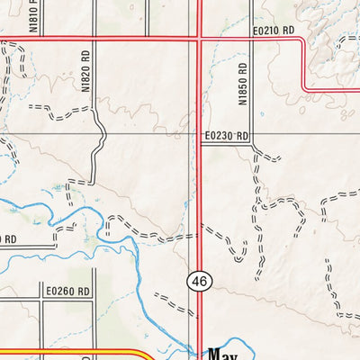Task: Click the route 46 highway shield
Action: (x=198, y=282)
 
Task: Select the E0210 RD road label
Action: (x=274, y=31)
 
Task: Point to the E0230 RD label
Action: (x=225, y=135)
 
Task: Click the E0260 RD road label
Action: (x=68, y=291)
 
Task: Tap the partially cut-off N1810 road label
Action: (x=33, y=16)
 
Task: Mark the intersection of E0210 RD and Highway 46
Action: (x=198, y=38)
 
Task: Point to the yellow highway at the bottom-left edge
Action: (x=72, y=355)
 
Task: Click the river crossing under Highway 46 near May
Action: (x=198, y=346)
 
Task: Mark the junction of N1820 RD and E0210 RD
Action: (x=94, y=38)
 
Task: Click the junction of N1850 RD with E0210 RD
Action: (x=251, y=38)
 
